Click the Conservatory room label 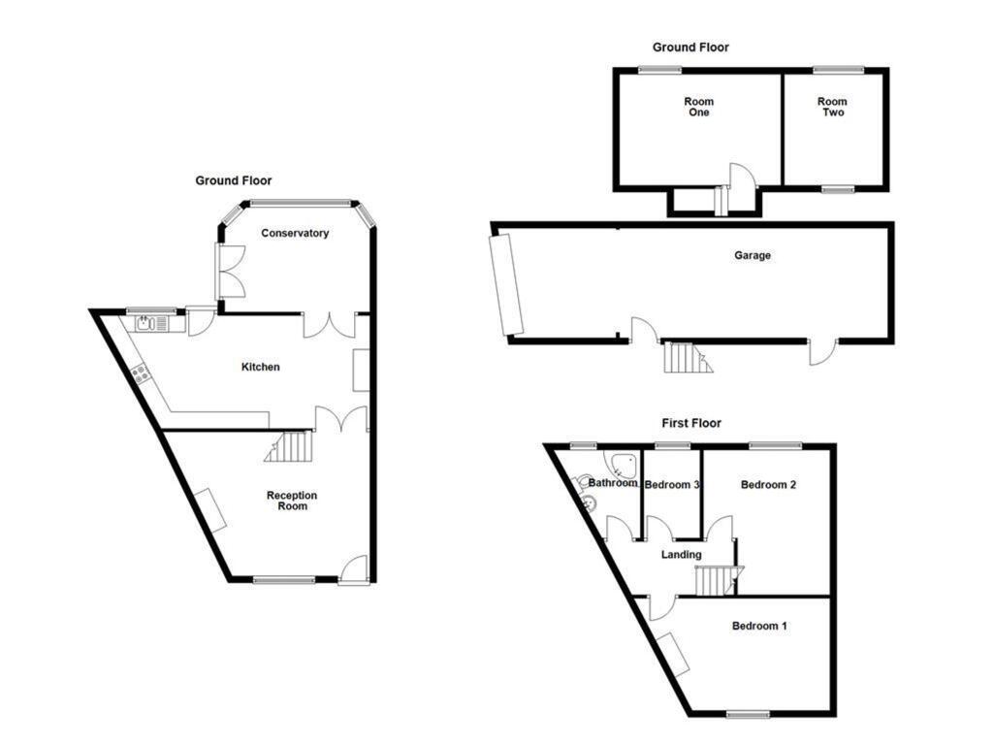(x=295, y=233)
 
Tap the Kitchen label (x=260, y=367)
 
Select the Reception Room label (x=292, y=501)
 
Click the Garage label (x=752, y=256)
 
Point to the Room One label (x=698, y=107)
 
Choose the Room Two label (x=832, y=107)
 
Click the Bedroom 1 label (x=759, y=627)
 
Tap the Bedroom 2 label (x=768, y=484)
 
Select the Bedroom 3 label (x=672, y=485)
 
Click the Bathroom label (x=613, y=483)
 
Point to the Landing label (x=681, y=555)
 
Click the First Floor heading (x=691, y=423)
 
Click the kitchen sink (x=145, y=324)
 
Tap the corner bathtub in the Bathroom (x=622, y=464)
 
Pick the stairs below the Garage (x=686, y=358)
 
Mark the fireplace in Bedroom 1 (x=672, y=654)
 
